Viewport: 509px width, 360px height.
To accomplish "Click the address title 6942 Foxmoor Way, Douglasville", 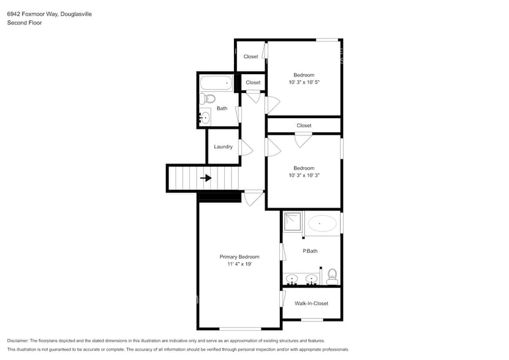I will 50,13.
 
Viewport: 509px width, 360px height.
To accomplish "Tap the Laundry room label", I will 223,147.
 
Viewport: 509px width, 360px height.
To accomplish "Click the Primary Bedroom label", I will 239,257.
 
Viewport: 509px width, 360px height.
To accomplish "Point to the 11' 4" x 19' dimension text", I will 239,264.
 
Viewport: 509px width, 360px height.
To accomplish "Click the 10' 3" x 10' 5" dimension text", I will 304,82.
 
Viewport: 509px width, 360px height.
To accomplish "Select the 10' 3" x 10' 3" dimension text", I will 304,175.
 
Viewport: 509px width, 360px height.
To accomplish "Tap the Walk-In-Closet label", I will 311,303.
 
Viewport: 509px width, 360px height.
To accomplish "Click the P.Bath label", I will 310,251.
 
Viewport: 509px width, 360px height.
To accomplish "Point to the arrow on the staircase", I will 206,178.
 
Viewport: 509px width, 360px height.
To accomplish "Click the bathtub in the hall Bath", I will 216,82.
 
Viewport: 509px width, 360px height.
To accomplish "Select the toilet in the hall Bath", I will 209,98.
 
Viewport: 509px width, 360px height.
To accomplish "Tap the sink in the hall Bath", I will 205,117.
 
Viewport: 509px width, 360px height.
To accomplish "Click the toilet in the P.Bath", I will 332,276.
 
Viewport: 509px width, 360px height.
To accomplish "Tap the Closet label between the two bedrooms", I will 304,126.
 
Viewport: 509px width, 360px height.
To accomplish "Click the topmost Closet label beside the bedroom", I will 251,57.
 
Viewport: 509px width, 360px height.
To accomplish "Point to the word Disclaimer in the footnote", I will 20,340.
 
